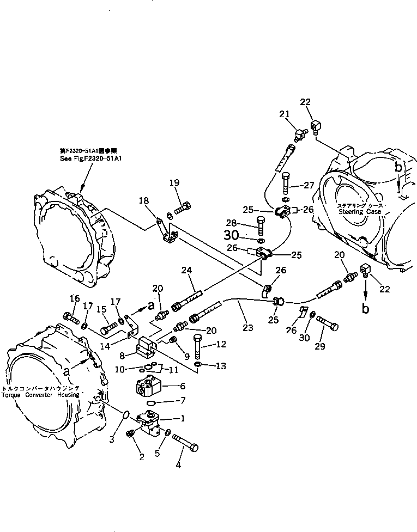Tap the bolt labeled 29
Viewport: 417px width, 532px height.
tap(327, 323)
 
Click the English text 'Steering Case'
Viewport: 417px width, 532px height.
tap(358, 211)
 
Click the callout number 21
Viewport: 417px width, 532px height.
tap(284, 113)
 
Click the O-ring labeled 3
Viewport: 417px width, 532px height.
tap(125, 415)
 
